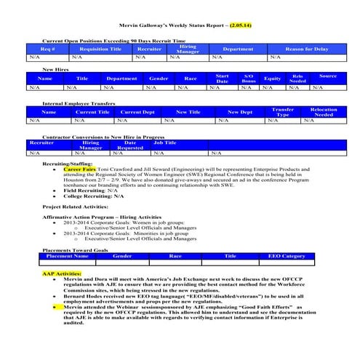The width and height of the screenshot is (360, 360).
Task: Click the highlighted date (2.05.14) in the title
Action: tap(240, 25)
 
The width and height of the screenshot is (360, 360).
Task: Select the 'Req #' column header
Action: tap(48, 49)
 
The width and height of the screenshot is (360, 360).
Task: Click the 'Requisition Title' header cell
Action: tap(100, 49)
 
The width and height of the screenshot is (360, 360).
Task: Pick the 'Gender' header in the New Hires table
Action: tap(159, 78)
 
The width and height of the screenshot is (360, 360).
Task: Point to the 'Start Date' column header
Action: tap(223, 78)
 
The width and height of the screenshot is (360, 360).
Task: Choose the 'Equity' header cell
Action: tap(272, 78)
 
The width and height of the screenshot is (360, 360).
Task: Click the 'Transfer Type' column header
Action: tap(283, 112)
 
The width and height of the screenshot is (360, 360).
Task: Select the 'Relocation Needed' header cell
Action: tap(324, 112)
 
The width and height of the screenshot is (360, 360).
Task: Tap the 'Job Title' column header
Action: tap(164, 143)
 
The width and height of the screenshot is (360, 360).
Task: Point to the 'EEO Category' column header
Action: tap(287, 256)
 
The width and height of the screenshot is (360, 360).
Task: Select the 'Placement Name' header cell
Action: tap(67, 256)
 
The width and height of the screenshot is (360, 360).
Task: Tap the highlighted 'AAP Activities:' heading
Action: tap(62, 273)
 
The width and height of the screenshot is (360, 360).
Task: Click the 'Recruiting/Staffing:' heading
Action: tap(68, 164)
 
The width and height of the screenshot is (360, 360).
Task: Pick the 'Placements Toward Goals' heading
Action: tap(76, 249)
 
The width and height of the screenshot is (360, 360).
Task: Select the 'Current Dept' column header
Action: tap(137, 112)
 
